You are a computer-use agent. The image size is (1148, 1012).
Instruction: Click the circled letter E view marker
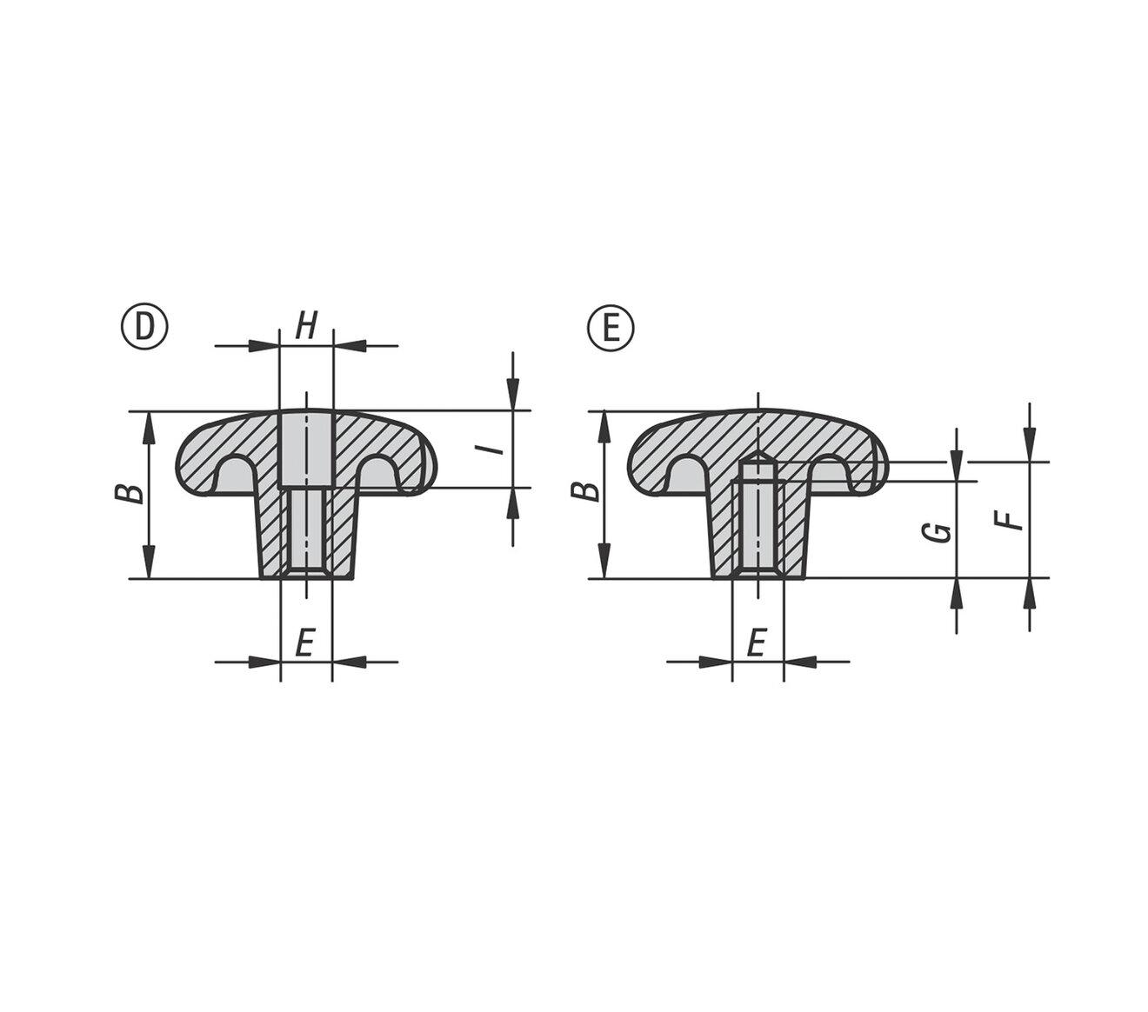[611, 328]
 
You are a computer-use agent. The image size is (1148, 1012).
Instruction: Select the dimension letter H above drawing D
[306, 326]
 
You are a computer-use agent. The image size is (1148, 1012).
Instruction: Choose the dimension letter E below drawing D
[305, 643]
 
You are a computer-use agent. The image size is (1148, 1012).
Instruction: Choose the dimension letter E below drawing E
[757, 642]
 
